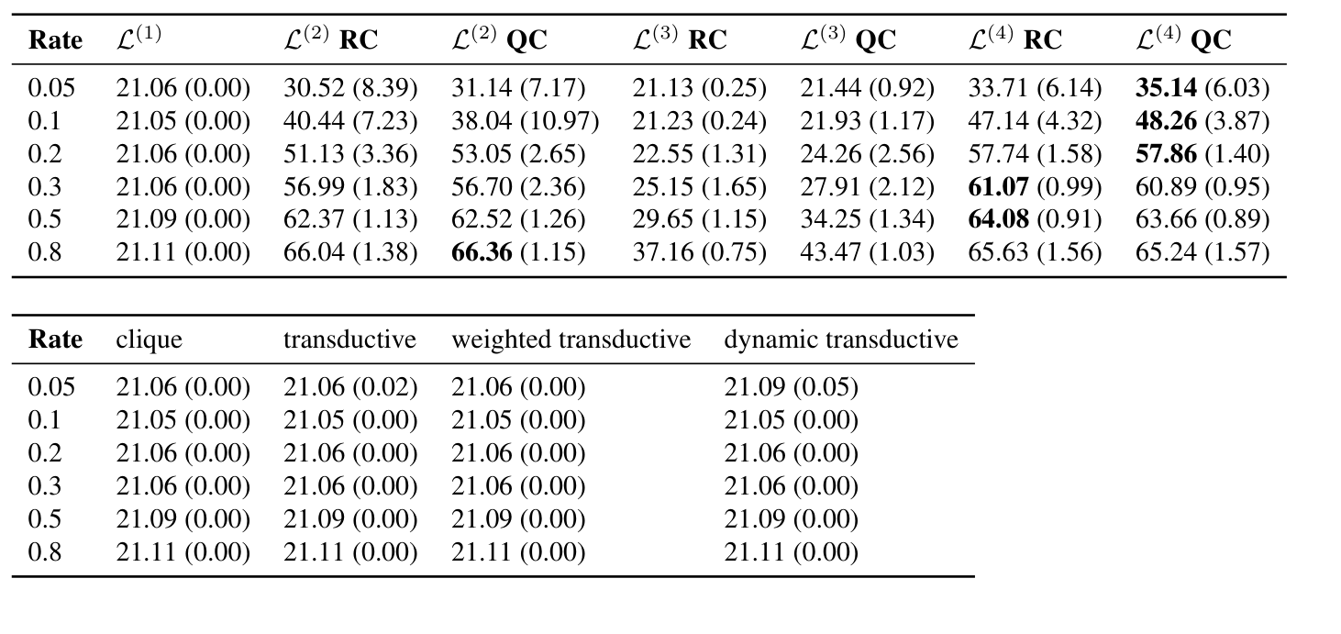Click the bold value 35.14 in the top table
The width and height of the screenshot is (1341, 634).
1166,88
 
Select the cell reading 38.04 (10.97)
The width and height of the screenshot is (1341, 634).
525,121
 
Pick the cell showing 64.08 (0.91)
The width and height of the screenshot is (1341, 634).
1035,220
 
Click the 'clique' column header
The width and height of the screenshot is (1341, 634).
149,340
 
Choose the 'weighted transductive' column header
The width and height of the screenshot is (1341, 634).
571,340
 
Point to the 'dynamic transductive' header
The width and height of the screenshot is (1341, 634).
840,340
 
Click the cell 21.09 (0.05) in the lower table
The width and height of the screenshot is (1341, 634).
791,387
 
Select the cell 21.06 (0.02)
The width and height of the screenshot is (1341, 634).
349,387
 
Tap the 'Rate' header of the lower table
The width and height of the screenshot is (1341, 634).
55,340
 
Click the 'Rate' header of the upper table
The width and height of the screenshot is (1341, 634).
55,40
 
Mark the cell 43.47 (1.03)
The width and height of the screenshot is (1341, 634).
867,252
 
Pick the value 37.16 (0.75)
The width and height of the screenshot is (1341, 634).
699,252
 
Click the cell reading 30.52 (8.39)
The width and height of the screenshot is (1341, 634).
349,88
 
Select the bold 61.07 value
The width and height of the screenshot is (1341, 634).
998,187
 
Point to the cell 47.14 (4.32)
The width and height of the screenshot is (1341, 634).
1035,121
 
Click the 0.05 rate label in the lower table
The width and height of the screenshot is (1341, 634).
50,387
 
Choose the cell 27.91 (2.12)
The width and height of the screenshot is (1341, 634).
867,187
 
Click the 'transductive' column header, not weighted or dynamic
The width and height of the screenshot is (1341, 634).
349,340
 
